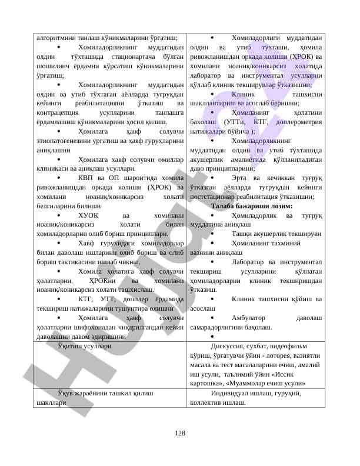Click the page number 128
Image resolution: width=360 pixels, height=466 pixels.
(180, 434)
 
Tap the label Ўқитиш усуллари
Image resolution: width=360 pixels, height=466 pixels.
(81, 347)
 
